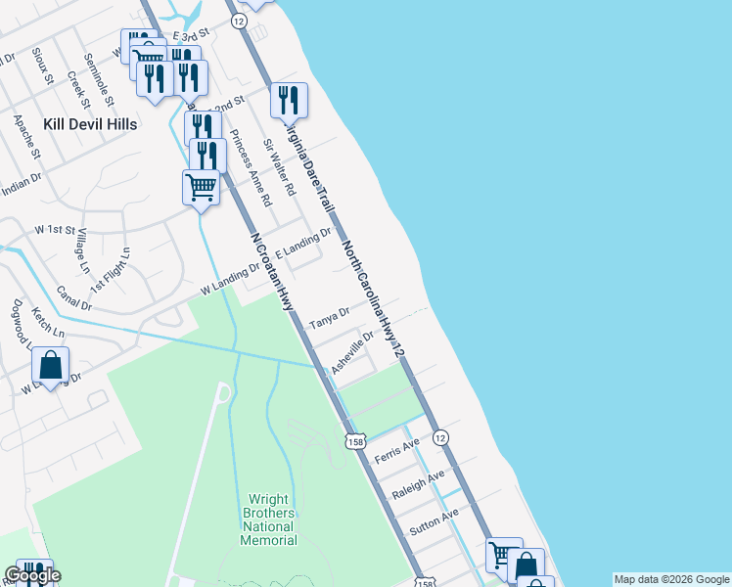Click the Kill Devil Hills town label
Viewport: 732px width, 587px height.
tap(90, 124)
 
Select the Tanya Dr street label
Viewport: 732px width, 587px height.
tap(330, 318)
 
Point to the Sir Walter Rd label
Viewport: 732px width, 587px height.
tap(279, 166)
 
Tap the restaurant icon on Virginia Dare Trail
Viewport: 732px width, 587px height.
tap(289, 100)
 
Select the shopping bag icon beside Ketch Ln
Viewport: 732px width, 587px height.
tap(51, 366)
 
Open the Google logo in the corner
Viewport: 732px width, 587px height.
tap(32, 575)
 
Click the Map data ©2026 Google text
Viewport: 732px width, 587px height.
tap(670, 579)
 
